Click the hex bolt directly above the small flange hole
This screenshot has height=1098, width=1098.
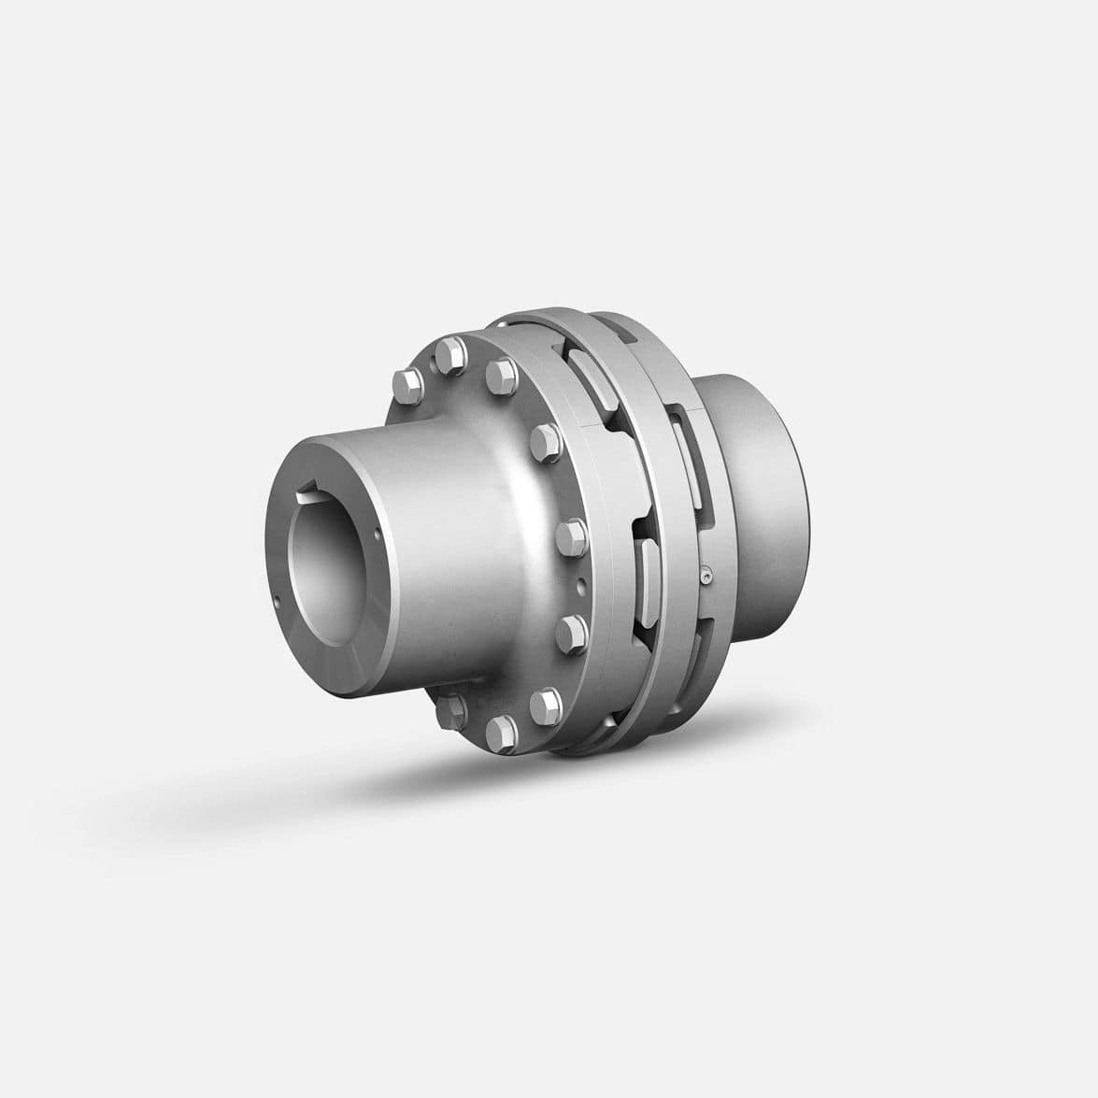(x=569, y=535)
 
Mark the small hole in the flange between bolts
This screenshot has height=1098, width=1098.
(x=581, y=587)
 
